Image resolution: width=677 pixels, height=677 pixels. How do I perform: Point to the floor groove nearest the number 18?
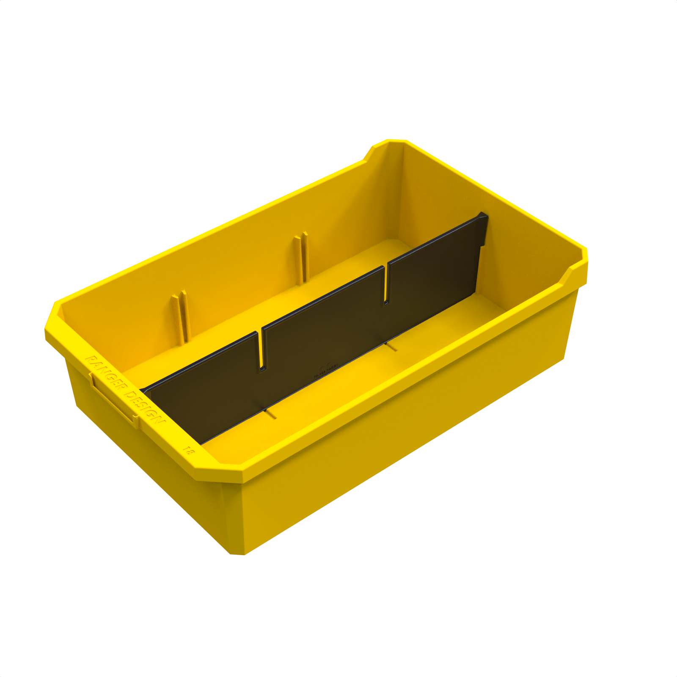coord(271,413)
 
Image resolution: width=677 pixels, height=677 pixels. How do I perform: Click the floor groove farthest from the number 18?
coord(391,347)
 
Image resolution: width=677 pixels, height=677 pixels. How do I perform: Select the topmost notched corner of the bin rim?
coord(387,144)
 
